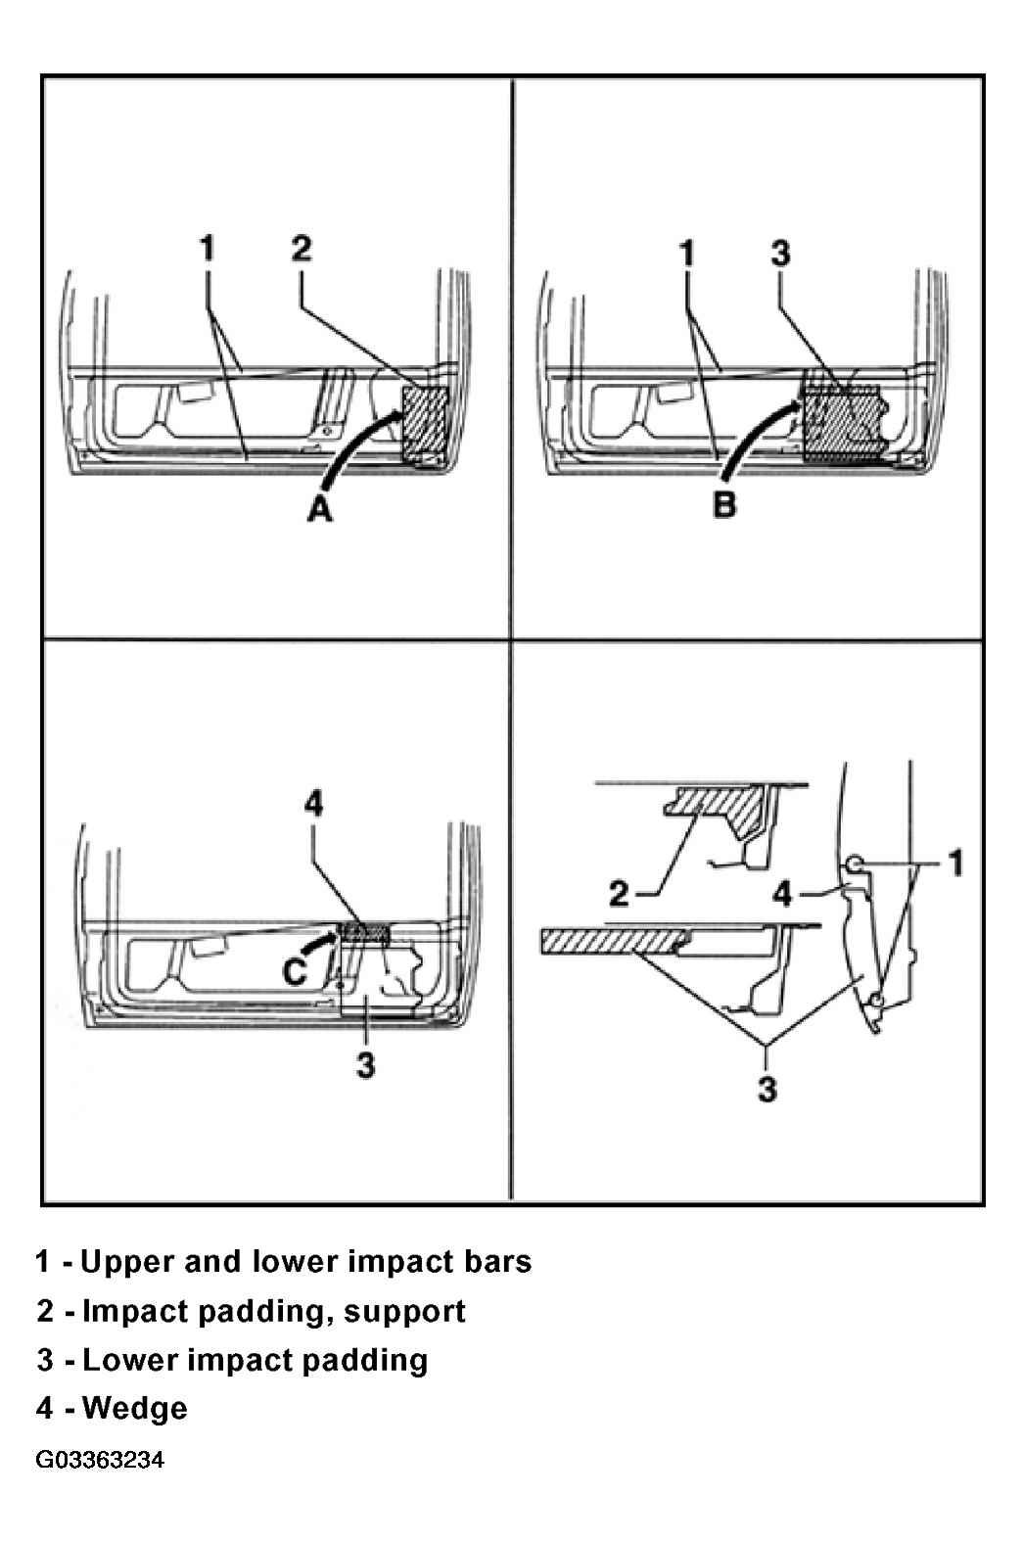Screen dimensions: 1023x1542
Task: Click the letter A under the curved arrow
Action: (319, 510)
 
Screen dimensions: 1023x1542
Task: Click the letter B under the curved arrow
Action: (723, 504)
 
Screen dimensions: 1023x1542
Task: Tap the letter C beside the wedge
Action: (295, 972)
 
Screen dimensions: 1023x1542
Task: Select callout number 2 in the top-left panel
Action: (301, 249)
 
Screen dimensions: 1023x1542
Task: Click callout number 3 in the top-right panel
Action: (780, 254)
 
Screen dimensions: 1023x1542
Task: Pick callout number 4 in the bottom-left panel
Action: (313, 804)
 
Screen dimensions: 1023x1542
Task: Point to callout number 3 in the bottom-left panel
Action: (365, 1064)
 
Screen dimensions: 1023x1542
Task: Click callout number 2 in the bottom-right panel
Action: (619, 894)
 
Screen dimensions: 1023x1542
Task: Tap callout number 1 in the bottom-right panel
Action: (956, 864)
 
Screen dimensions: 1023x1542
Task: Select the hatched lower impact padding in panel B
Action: (843, 421)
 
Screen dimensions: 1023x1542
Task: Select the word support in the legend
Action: (404, 1311)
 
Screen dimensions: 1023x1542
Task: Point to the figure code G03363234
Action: (100, 1460)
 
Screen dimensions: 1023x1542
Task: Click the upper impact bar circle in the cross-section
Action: (854, 862)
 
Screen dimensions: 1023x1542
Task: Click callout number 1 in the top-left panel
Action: (207, 249)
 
